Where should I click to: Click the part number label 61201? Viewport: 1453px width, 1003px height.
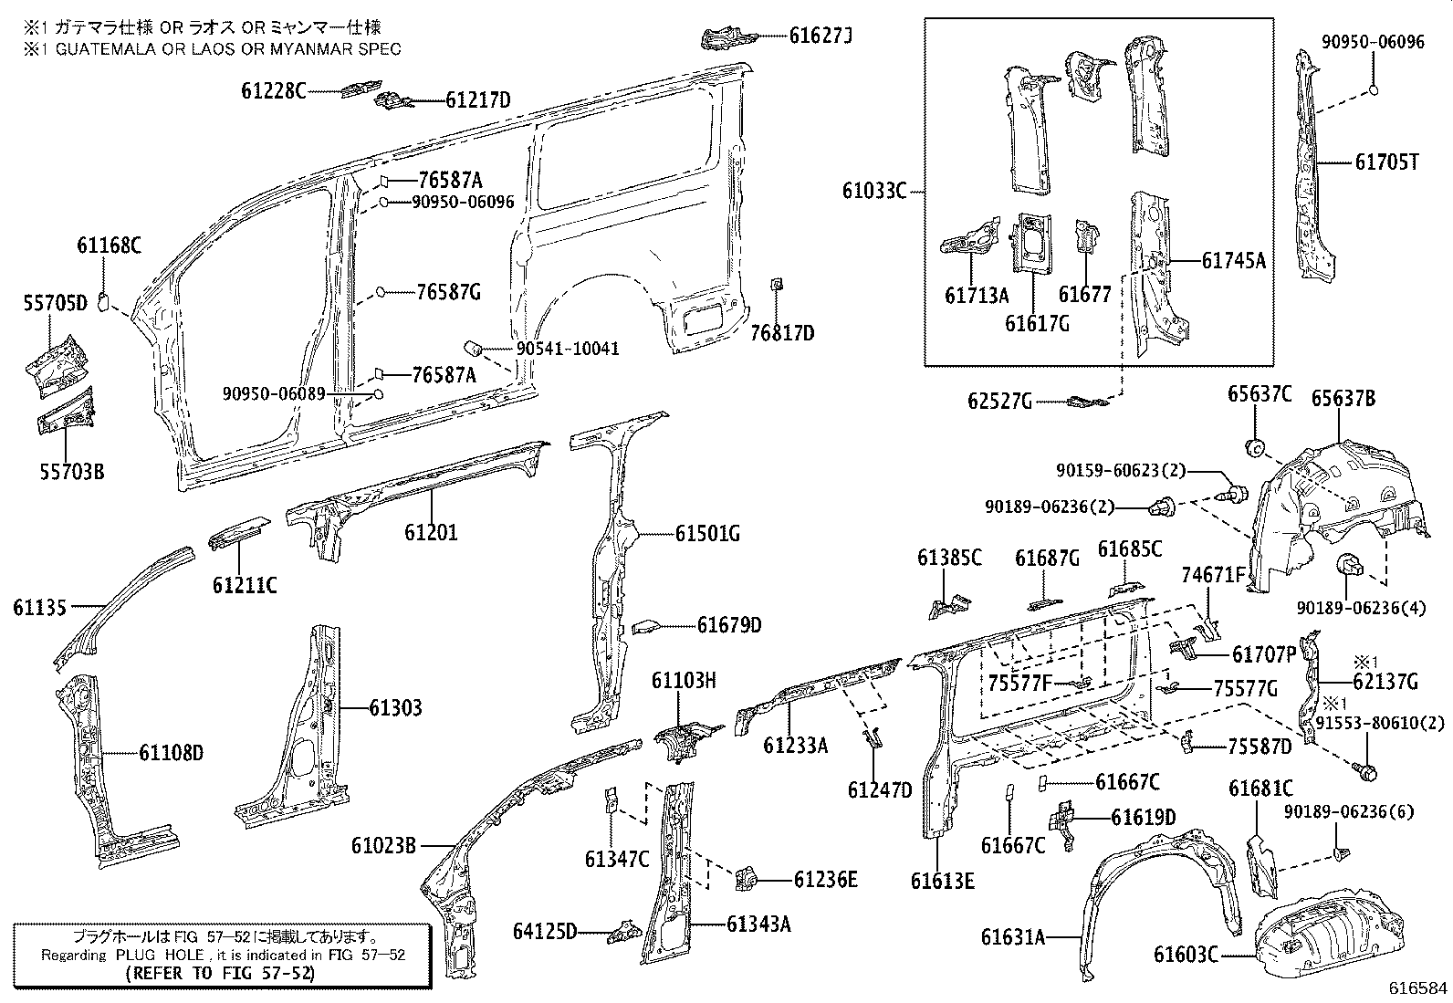[431, 531]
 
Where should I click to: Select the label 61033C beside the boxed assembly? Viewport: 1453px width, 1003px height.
[873, 191]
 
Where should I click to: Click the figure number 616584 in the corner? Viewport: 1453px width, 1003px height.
[1418, 988]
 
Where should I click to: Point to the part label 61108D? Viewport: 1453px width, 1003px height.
[171, 753]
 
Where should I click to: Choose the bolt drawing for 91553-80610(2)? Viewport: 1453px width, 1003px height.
[1366, 773]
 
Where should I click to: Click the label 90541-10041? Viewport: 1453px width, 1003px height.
[568, 349]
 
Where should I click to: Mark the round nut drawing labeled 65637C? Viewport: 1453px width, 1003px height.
[1255, 446]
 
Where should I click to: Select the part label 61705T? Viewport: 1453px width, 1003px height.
[1386, 162]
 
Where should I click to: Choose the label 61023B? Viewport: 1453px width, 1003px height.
[383, 846]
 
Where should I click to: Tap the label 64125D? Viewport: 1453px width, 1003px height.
[545, 931]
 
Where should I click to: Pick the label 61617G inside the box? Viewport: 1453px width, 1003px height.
[1037, 322]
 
